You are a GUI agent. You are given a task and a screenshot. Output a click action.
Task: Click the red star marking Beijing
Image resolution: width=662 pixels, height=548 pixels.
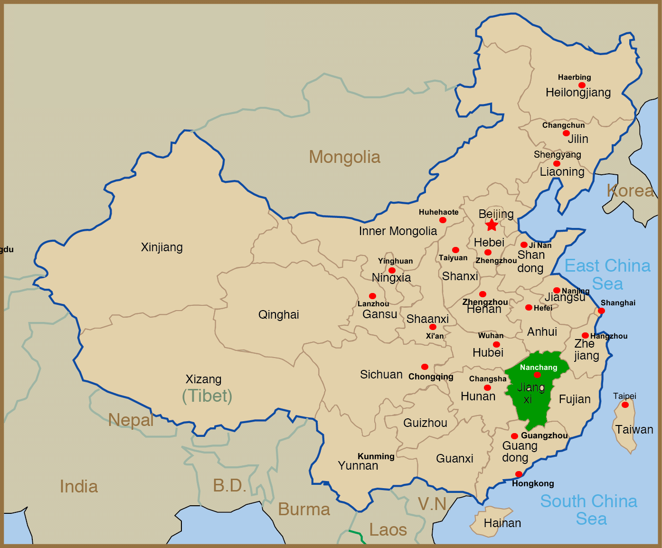pyautogui.click(x=492, y=225)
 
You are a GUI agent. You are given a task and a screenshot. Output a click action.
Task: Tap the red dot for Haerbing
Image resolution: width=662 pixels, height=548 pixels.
pyautogui.click(x=582, y=85)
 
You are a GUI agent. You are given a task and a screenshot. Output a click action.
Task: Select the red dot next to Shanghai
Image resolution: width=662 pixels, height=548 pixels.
pyautogui.click(x=601, y=311)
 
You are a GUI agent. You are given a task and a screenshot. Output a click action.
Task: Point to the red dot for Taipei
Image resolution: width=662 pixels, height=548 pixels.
pyautogui.click(x=625, y=405)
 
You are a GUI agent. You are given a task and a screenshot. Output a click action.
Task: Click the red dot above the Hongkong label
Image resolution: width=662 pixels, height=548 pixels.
pyautogui.click(x=519, y=474)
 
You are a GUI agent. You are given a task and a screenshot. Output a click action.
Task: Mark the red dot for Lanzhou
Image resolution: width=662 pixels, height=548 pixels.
pyautogui.click(x=372, y=296)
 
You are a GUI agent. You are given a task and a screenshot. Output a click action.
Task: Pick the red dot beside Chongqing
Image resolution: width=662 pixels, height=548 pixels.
pyautogui.click(x=425, y=367)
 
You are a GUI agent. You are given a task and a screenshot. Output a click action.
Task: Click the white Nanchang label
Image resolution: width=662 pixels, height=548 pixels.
pyautogui.click(x=539, y=368)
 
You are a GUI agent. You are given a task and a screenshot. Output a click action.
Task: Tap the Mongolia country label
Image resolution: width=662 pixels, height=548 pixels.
pyautogui.click(x=344, y=157)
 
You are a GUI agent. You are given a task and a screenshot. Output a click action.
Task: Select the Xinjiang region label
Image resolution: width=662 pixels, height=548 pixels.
pyautogui.click(x=162, y=247)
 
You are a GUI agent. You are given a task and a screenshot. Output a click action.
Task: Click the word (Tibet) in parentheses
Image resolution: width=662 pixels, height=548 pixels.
pyautogui.click(x=208, y=396)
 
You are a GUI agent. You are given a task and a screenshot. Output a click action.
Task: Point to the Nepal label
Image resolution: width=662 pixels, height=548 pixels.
pyautogui.click(x=131, y=420)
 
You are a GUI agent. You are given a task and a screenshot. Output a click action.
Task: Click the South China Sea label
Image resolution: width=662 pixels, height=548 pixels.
pyautogui.click(x=589, y=510)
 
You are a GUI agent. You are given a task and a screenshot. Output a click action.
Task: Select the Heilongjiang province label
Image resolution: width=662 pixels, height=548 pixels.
pyautogui.click(x=578, y=93)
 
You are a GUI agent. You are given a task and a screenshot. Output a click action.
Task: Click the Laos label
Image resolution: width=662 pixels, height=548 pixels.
pyautogui.click(x=388, y=530)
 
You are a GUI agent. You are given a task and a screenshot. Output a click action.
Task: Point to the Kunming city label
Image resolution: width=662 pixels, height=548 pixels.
pyautogui.click(x=376, y=456)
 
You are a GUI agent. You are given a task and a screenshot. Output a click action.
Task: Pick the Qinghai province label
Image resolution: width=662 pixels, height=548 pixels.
pyautogui.click(x=279, y=315)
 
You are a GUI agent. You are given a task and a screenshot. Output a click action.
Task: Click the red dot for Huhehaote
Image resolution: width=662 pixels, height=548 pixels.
pyautogui.click(x=443, y=220)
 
